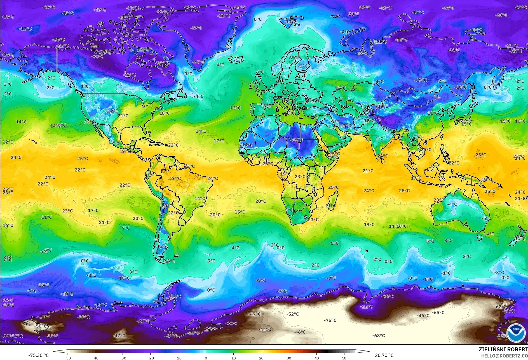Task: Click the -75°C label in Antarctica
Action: point(330,320)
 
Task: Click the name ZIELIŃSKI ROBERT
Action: point(503,349)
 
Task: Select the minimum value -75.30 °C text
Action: point(38,355)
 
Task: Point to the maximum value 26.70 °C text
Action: point(384,355)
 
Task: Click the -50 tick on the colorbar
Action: point(67,358)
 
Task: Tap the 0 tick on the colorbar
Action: point(206,358)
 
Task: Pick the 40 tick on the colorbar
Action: point(316,358)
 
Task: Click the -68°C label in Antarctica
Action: point(379,336)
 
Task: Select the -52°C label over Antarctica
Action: point(293,314)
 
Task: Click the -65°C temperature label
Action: point(438,313)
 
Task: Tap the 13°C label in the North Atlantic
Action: point(235,108)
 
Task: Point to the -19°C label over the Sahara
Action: point(297,140)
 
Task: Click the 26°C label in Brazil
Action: point(175,178)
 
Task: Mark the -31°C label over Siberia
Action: point(401,40)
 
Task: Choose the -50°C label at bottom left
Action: point(41,326)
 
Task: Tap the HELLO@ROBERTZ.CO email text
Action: point(504,356)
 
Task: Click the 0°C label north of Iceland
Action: point(258,19)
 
